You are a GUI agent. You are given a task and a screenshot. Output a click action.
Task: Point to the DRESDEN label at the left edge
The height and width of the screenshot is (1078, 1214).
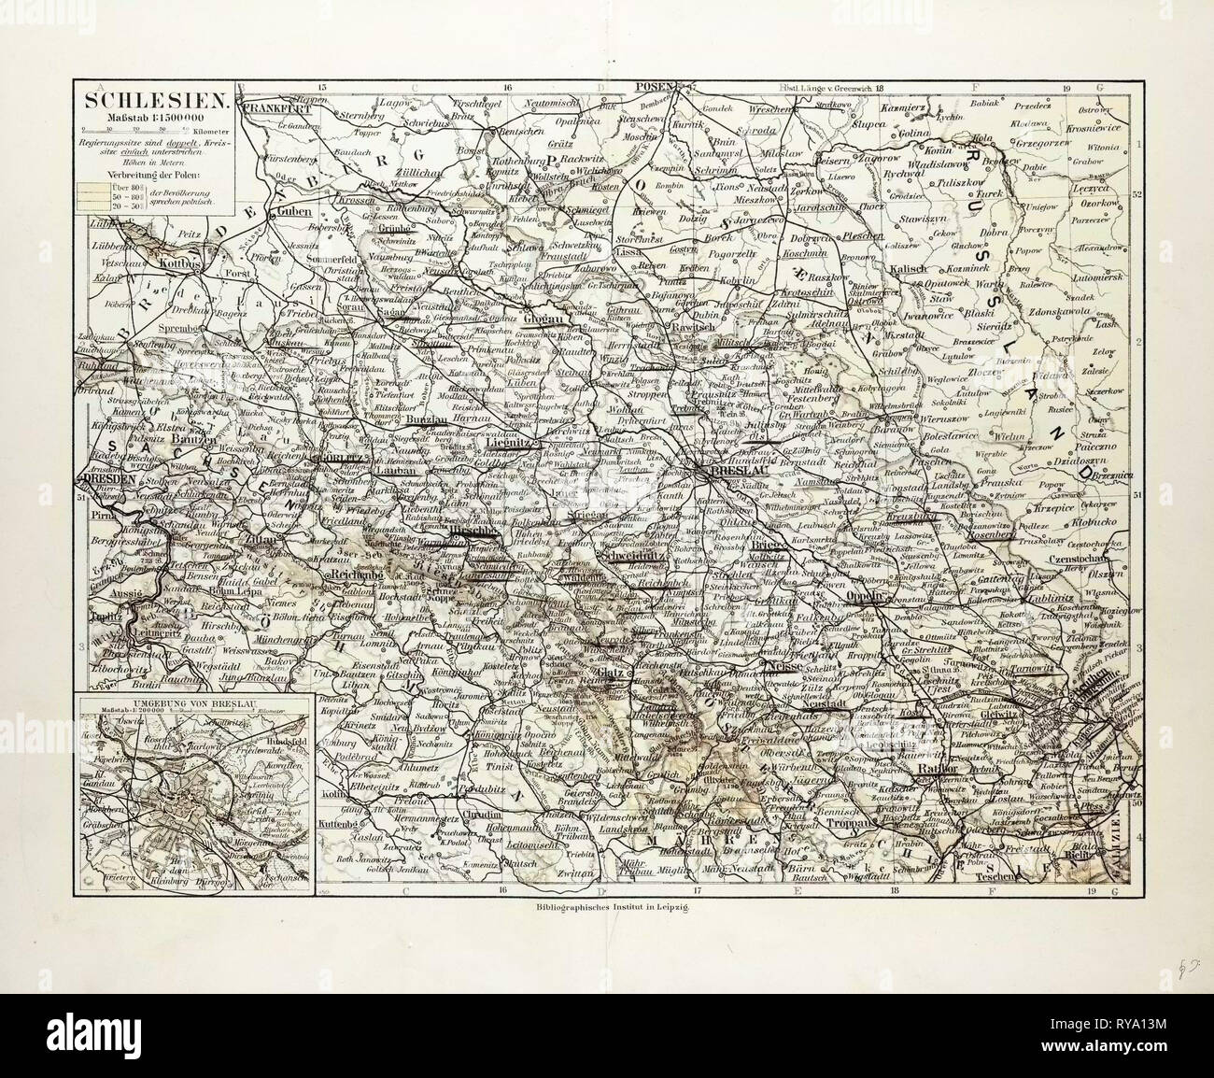[109, 476]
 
